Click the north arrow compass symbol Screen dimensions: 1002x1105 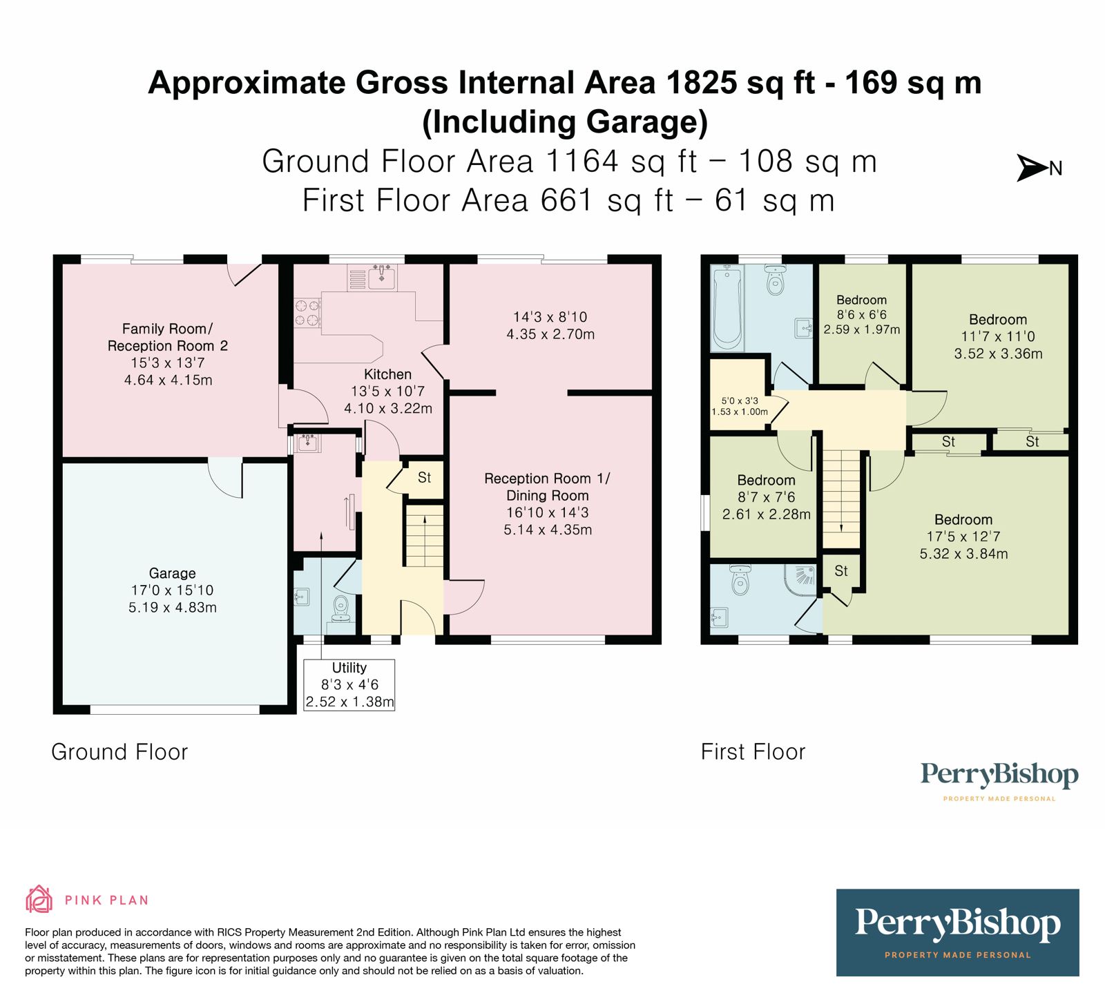pos(1033,168)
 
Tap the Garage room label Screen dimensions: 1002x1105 pos(173,573)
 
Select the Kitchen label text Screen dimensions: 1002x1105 pos(387,374)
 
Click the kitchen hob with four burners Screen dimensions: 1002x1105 pos(308,312)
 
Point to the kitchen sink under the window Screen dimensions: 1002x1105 pos(381,278)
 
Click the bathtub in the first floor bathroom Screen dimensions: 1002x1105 pos(727,308)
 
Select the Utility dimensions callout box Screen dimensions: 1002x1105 pos(349,685)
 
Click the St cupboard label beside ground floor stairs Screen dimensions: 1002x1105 pos(424,478)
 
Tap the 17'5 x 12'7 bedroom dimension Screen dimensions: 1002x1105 pos(963,537)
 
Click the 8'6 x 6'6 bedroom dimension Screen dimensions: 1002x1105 pos(861,315)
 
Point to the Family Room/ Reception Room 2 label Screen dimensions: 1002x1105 pos(167,337)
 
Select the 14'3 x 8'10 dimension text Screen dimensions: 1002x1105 pos(550,317)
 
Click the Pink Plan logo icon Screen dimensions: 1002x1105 pos(39,899)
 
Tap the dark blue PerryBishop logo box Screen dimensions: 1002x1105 pos(957,932)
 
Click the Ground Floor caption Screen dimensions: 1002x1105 pos(119,752)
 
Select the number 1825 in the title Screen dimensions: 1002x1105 pos(702,84)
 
